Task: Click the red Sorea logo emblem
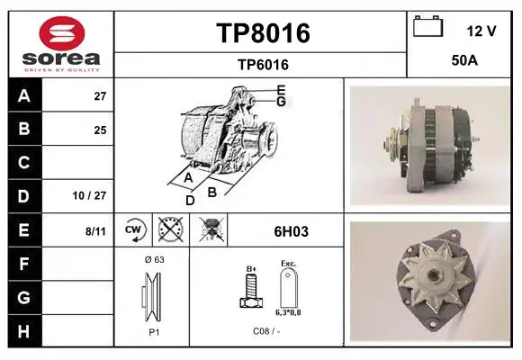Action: [x=62, y=33]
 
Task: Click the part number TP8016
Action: [x=263, y=33]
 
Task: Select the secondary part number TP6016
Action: [x=263, y=65]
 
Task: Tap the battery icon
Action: [x=428, y=26]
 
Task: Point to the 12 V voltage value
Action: [x=481, y=31]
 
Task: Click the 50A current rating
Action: [x=464, y=60]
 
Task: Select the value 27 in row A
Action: [x=100, y=96]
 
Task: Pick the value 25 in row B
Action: [x=100, y=130]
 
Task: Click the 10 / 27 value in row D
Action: [x=89, y=195]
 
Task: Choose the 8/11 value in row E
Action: [x=95, y=231]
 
